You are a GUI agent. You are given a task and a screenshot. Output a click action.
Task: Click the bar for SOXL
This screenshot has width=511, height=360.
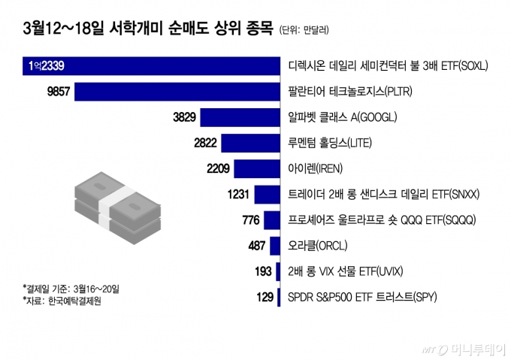click(x=150, y=66)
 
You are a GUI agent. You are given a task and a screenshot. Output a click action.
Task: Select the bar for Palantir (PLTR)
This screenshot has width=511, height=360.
click(x=176, y=92)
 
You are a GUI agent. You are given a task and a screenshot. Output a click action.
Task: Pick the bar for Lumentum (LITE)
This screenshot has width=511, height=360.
click(x=250, y=143)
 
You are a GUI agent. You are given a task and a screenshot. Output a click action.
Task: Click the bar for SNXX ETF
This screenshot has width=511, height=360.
click(x=267, y=195)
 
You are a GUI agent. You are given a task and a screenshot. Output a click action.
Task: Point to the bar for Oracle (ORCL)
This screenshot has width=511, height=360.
click(x=274, y=246)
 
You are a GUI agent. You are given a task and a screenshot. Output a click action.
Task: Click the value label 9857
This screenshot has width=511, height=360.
click(x=58, y=92)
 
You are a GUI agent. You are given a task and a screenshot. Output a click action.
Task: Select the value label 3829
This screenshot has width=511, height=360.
click(x=184, y=117)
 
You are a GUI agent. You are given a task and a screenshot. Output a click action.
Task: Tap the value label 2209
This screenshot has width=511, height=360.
click(x=218, y=169)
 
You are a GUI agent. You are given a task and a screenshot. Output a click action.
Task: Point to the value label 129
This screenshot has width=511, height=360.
click(x=265, y=298)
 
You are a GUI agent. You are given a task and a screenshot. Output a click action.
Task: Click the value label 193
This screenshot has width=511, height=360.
click(x=264, y=271)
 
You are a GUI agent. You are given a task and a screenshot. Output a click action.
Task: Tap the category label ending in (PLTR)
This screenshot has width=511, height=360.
click(x=351, y=92)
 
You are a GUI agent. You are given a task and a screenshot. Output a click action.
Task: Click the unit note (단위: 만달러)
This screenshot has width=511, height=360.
click(x=304, y=31)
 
